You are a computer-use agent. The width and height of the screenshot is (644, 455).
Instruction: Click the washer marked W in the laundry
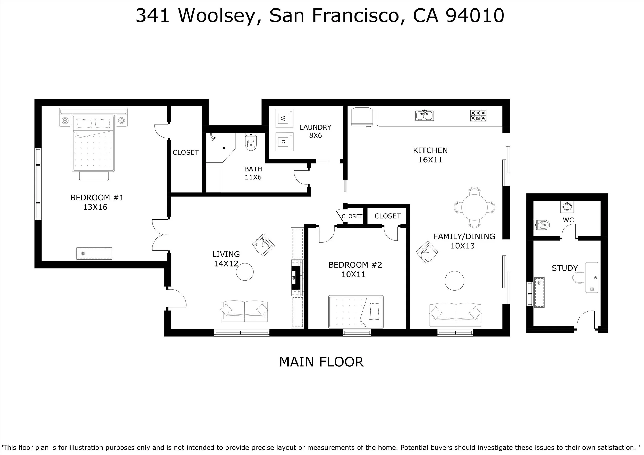(284, 118)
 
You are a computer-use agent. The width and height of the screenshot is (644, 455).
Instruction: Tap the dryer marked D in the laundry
(284, 142)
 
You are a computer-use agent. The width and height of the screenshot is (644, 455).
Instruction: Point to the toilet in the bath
(251, 142)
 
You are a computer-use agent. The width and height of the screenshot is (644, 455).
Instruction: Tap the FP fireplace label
(294, 278)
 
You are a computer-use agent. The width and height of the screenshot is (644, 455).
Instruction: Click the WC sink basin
(567, 207)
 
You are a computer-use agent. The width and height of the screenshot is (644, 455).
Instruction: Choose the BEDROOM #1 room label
(97, 198)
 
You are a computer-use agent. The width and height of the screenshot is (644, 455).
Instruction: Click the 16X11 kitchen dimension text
(430, 160)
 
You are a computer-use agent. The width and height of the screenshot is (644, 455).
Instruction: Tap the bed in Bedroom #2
(356, 312)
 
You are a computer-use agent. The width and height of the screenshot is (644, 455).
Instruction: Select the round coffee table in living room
(245, 272)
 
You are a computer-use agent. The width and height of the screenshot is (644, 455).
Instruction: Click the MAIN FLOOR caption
(321, 362)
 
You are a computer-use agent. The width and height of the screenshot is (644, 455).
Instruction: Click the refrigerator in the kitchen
(362, 116)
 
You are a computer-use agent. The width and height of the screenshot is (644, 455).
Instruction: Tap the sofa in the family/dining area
(455, 315)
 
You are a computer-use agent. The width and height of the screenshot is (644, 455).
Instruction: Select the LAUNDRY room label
(315, 127)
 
